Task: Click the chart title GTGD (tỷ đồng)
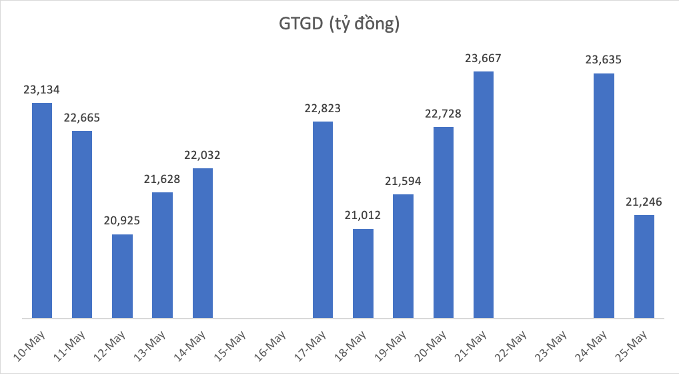click(x=339, y=25)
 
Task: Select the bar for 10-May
click(x=42, y=210)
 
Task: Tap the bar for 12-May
click(x=123, y=276)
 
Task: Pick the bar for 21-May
click(x=484, y=194)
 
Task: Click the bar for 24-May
click(x=604, y=195)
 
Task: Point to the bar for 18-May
click(x=364, y=273)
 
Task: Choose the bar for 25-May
click(x=644, y=266)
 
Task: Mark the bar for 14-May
click(x=203, y=242)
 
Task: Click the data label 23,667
click(x=483, y=59)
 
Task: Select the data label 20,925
click(x=122, y=220)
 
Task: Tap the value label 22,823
click(x=323, y=108)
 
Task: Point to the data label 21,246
click(x=644, y=201)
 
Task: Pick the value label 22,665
click(x=82, y=118)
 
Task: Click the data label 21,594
click(x=403, y=181)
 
